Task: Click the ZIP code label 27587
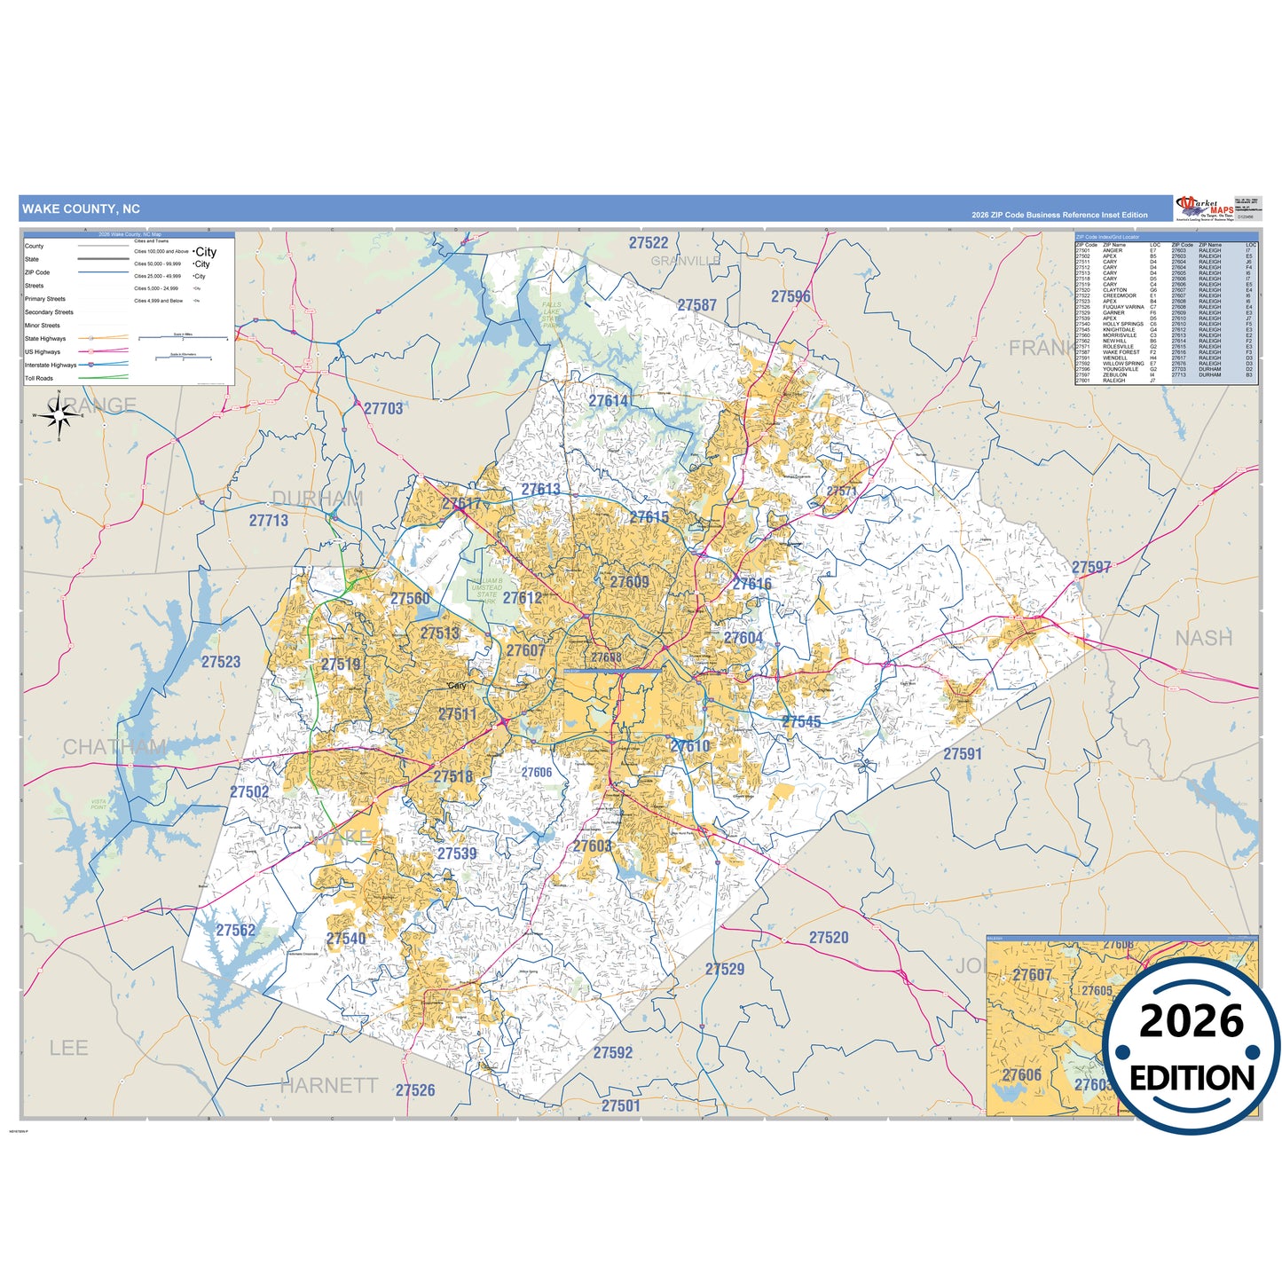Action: [x=696, y=305]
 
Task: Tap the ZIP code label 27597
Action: [x=1091, y=567]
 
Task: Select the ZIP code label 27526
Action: [x=415, y=1090]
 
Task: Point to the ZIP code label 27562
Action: [x=235, y=931]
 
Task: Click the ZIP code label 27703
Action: [x=383, y=408]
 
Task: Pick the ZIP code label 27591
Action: [x=963, y=754]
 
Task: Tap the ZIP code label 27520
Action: [x=829, y=938]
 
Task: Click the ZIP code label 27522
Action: [x=649, y=243]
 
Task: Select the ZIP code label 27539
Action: [x=457, y=853]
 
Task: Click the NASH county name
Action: [x=1204, y=638]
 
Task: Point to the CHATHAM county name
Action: [x=114, y=747]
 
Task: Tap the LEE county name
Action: [x=68, y=1048]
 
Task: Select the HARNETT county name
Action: [x=328, y=1085]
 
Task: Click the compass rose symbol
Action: [x=59, y=415]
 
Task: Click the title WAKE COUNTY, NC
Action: [x=81, y=209]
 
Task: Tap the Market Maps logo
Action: [x=1204, y=208]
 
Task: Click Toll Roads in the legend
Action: [x=39, y=379]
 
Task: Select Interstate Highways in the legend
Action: [x=51, y=366]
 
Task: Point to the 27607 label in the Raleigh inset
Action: [x=1032, y=975]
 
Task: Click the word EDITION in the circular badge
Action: [x=1192, y=1079]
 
